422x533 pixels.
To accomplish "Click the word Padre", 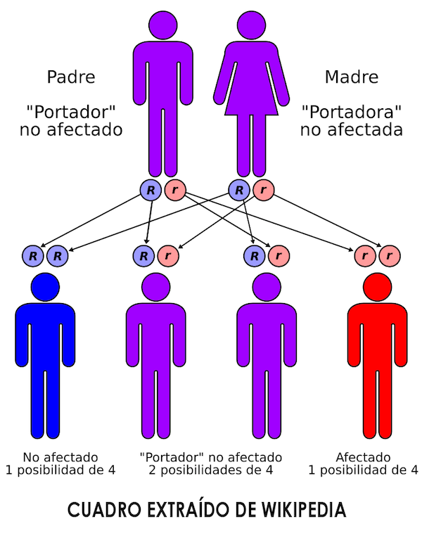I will coord(71,77).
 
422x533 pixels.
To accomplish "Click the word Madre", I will coord(351,77).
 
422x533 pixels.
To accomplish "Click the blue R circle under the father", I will coord(150,190).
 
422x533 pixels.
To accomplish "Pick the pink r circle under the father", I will coord(173,190).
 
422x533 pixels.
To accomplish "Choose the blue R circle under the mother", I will coord(239,190).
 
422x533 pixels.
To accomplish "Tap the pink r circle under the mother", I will coord(262,190).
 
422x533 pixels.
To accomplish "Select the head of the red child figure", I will coord(378,287).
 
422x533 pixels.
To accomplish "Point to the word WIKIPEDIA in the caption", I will coord(302,509).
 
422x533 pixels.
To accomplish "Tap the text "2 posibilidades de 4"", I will coord(211,470).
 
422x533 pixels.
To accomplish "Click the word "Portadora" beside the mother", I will coord(351,113).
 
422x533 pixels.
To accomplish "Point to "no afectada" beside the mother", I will coord(351,130).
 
